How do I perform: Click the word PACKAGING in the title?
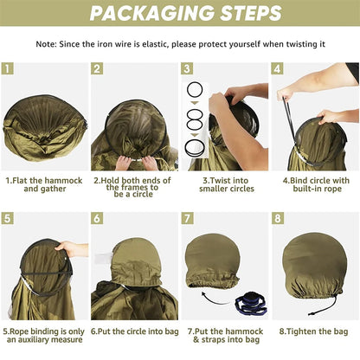[x=151, y=13]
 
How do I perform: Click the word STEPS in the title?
[x=250, y=13]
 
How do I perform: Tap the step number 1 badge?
[x=8, y=68]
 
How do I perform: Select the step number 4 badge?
[x=277, y=68]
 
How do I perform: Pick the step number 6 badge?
[x=97, y=218]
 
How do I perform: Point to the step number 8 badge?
[x=278, y=218]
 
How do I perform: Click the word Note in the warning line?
[x=46, y=44]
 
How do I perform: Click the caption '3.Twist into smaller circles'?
[x=227, y=184]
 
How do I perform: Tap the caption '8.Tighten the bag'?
[x=314, y=331]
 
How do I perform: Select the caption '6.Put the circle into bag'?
[x=135, y=331]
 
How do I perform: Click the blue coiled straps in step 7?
[x=252, y=304]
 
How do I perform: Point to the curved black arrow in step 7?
[x=214, y=300]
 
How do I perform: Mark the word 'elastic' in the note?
[x=156, y=44]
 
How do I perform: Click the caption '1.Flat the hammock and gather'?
[x=44, y=184]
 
